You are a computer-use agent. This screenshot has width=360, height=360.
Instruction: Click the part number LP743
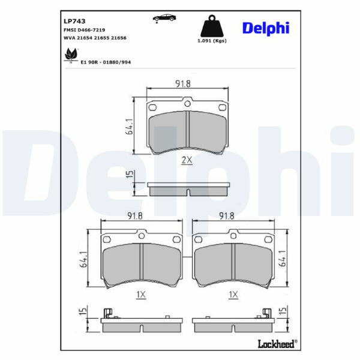pyautogui.click(x=74, y=21)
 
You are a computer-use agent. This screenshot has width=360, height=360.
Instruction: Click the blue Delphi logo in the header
pyautogui.click(x=266, y=28)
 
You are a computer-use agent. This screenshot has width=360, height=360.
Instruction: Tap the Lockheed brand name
pyautogui.click(x=277, y=344)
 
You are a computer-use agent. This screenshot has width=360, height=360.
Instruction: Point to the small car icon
pyautogui.click(x=164, y=18)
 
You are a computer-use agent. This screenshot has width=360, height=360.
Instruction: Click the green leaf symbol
pyautogui.click(x=71, y=55)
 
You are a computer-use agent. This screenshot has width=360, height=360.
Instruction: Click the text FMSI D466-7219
pyautogui.click(x=84, y=30)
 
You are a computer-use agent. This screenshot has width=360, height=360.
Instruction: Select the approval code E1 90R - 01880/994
pyautogui.click(x=106, y=62)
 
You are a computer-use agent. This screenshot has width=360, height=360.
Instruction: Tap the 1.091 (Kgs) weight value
pyautogui.click(x=212, y=41)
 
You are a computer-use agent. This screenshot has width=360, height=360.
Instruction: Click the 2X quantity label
pyautogui.click(x=187, y=160)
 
